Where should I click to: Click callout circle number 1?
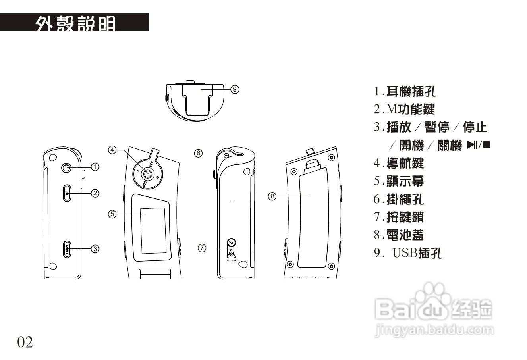click(x=95, y=167)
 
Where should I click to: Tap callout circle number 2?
click(x=95, y=193)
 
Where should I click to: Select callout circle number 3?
click(x=95, y=249)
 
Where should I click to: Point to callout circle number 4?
click(x=113, y=150)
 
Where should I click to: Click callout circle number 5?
click(x=112, y=214)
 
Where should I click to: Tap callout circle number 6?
click(x=199, y=153)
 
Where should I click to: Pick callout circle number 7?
click(x=202, y=248)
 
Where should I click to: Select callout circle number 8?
click(x=272, y=196)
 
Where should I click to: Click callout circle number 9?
click(x=235, y=89)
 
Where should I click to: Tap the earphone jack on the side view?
click(x=67, y=168)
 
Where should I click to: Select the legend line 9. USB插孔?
click(x=408, y=253)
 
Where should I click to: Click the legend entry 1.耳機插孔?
click(x=405, y=92)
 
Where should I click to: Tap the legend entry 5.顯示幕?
click(x=399, y=181)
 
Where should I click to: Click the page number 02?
click(x=25, y=342)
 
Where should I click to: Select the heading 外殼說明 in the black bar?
click(x=75, y=23)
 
